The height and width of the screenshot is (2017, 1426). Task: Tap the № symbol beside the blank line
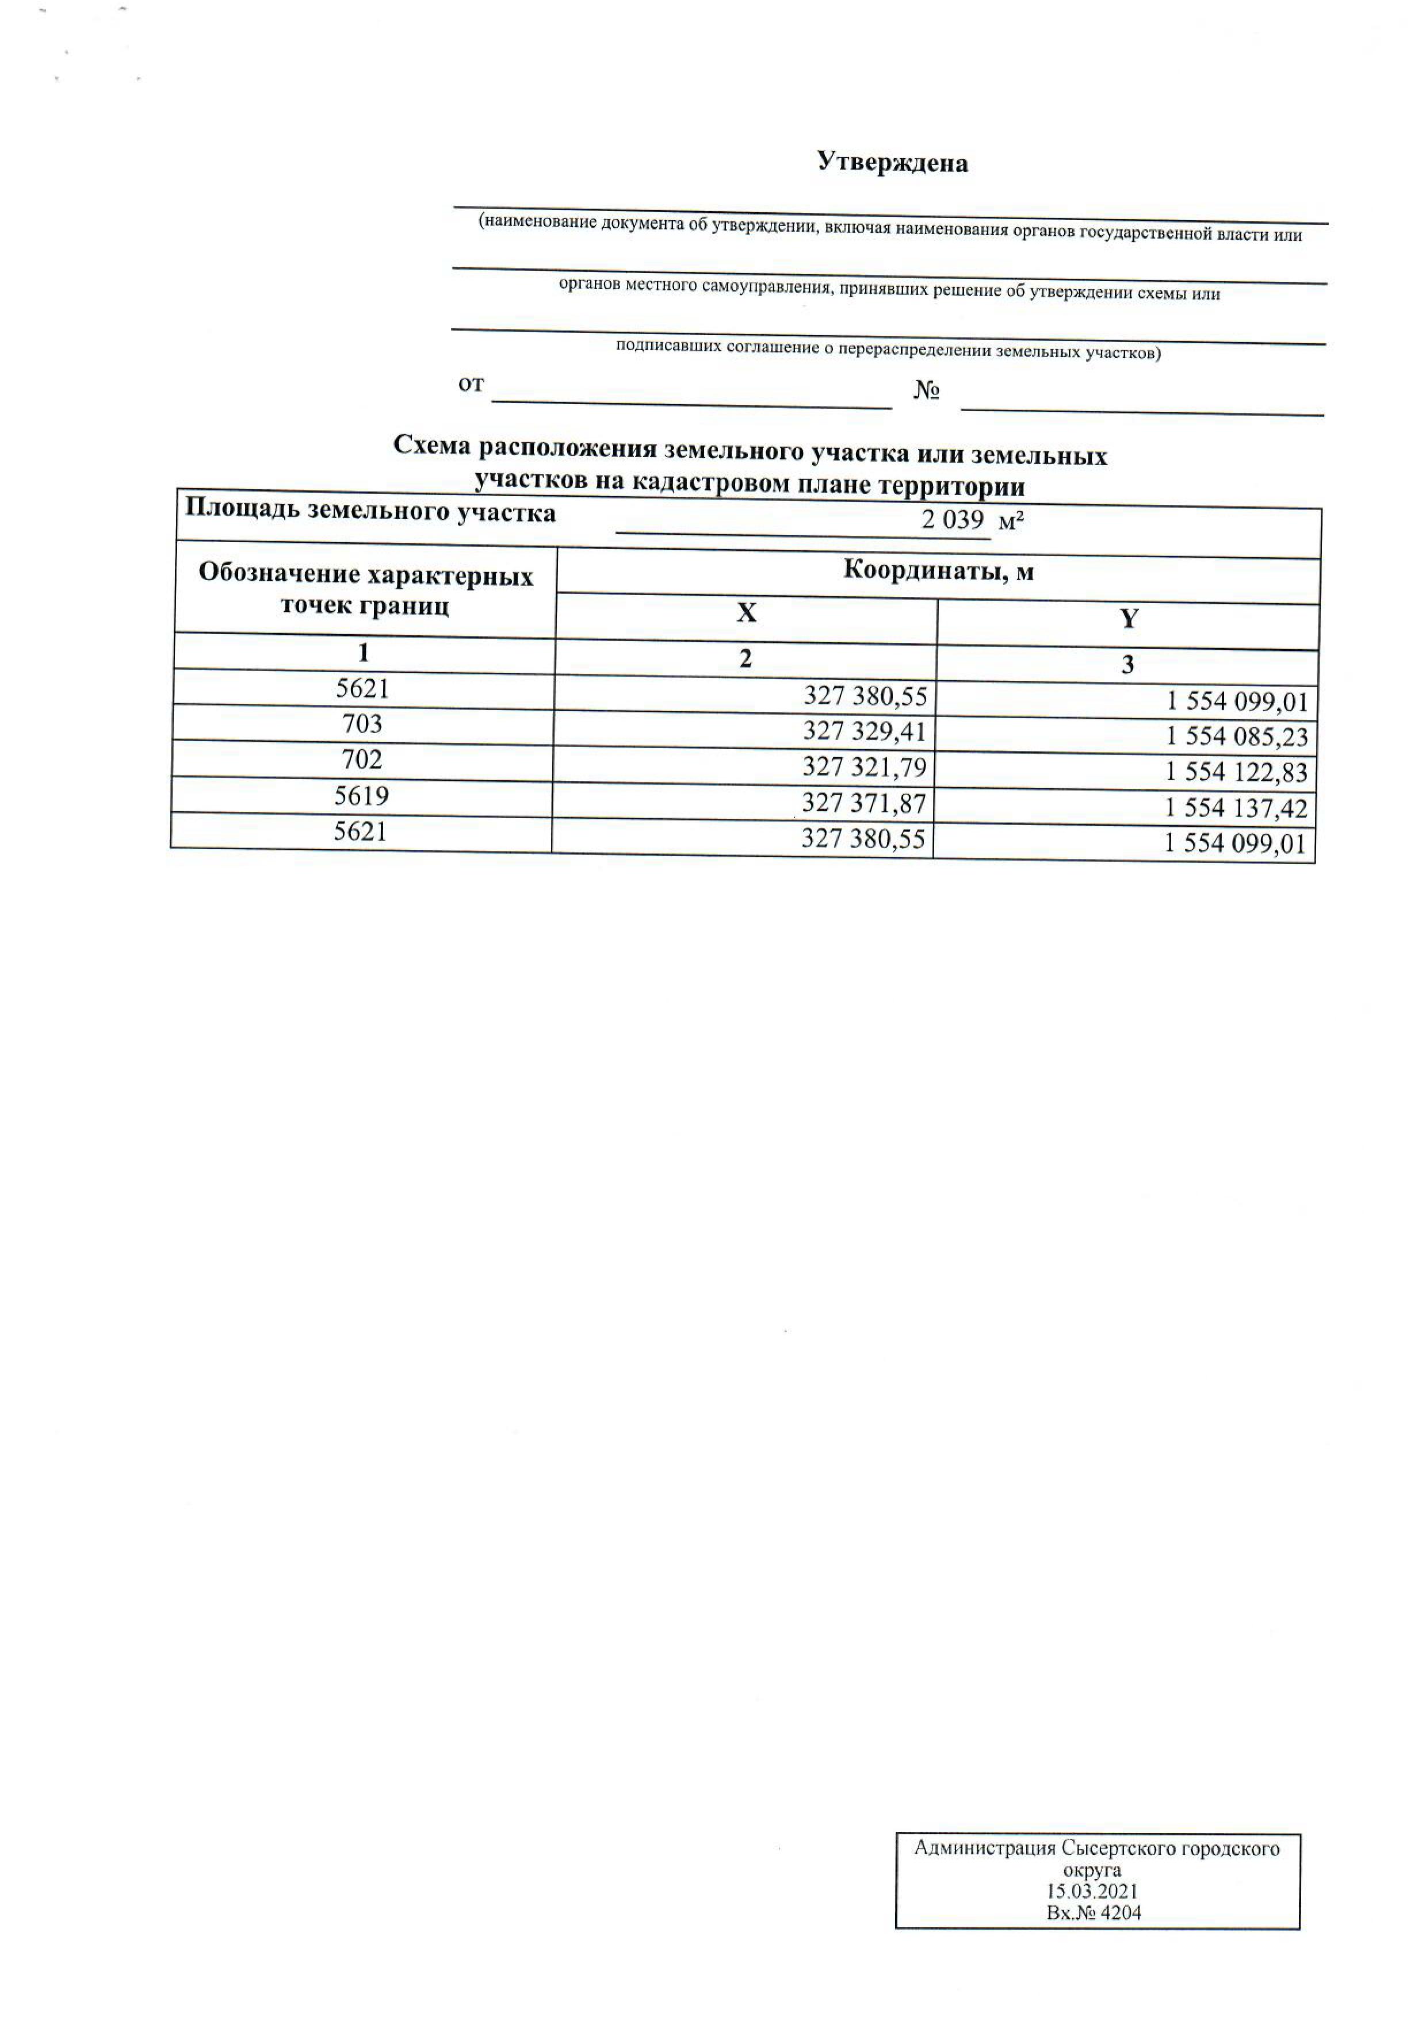pos(926,391)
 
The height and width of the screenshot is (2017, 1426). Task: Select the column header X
pos(746,612)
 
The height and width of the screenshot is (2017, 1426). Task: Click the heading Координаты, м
pos(938,572)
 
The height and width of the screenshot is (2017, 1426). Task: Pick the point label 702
pos(362,759)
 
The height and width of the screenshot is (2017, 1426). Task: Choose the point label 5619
pos(361,795)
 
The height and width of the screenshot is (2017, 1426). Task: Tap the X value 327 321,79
pos(865,768)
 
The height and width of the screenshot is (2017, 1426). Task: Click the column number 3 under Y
pos(1127,665)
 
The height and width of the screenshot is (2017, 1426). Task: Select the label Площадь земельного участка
pos(370,512)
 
